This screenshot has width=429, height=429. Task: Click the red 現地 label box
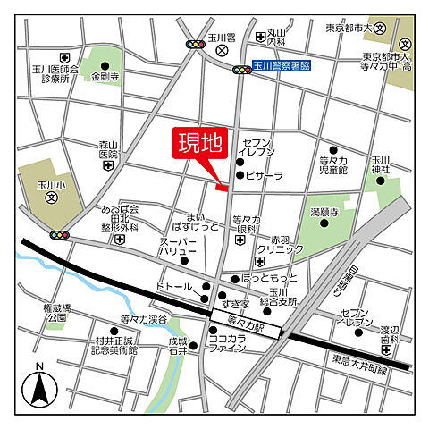click(198, 144)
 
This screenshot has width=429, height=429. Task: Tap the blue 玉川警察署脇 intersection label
click(281, 66)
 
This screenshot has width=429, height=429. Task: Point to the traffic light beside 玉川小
click(61, 234)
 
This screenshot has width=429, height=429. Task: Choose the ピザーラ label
click(265, 176)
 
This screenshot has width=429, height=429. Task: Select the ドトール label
click(173, 288)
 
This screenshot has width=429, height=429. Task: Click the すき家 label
click(237, 305)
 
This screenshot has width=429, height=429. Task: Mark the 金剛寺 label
click(105, 77)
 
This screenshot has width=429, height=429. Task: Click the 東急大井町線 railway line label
click(362, 359)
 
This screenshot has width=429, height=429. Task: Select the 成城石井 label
click(177, 346)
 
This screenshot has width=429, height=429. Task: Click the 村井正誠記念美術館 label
click(105, 345)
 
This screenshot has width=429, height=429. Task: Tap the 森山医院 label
click(108, 149)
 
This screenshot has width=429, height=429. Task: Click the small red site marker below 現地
click(223, 187)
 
